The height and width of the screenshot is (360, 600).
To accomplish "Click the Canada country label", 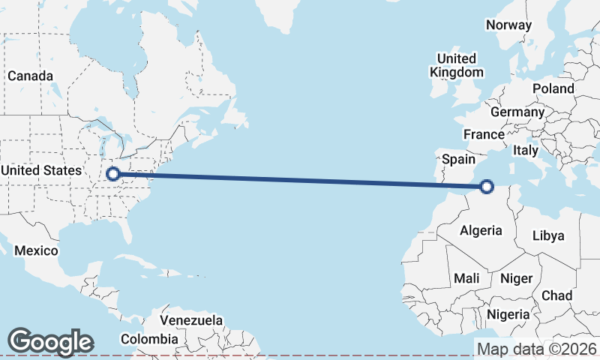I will [30, 76].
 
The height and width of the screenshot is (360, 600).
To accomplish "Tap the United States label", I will [40, 171].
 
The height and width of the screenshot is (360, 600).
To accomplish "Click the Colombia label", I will [149, 339].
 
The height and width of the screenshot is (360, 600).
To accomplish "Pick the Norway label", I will [508, 25].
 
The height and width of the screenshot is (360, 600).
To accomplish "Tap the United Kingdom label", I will [456, 65].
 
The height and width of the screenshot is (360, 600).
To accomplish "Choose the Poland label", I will [553, 88].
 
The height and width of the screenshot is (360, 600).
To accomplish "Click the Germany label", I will [517, 112].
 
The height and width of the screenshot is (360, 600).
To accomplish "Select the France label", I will [483, 135].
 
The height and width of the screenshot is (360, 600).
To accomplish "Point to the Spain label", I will [458, 159].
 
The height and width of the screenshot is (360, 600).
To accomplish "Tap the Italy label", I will [525, 150].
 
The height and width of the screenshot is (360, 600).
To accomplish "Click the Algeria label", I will [480, 230].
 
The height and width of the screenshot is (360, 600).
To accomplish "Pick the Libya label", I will [547, 235].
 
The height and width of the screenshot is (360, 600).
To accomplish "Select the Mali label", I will [466, 278].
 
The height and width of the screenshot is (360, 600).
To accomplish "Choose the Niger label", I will [516, 278].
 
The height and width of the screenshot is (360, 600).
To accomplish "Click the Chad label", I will [556, 295].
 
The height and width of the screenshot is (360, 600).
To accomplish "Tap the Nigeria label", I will [508, 313].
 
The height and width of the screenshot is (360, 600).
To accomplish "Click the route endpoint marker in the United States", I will [112, 174].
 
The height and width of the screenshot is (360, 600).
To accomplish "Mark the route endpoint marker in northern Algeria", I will [487, 187].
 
